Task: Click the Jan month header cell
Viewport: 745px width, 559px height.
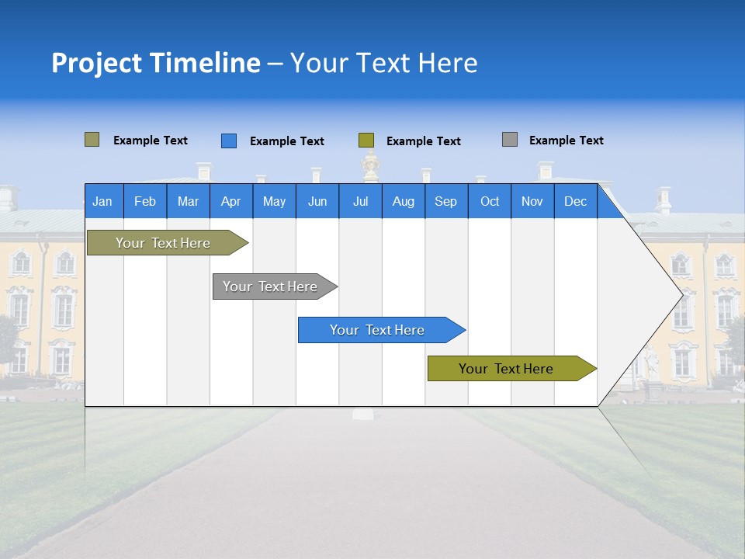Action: (x=103, y=201)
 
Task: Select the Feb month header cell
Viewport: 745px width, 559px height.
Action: (x=145, y=201)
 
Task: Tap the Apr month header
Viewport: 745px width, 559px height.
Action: (x=231, y=201)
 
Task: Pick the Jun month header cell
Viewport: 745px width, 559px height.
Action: (x=317, y=201)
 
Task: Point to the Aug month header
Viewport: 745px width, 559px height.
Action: (x=404, y=201)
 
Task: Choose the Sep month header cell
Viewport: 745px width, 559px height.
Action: (x=446, y=201)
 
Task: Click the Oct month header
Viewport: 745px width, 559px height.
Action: (x=490, y=201)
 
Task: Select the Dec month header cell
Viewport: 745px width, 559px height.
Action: (x=576, y=201)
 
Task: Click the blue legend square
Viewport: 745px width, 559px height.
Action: (x=229, y=141)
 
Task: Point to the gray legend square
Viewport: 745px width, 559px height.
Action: (x=510, y=140)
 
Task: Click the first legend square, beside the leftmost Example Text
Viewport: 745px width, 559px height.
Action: (x=92, y=140)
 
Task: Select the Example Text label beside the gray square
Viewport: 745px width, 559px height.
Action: (x=566, y=141)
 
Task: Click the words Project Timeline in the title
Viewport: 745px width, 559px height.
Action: (x=155, y=63)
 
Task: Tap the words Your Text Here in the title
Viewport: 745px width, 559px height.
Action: (x=383, y=63)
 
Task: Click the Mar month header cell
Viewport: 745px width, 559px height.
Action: (x=188, y=201)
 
